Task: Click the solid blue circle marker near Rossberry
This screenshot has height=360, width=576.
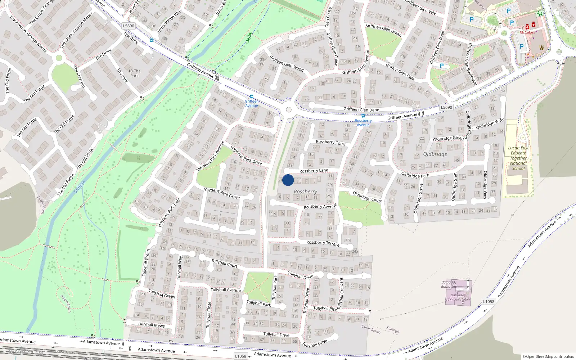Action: (x=288, y=180)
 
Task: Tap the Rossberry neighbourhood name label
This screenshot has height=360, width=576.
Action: (x=305, y=192)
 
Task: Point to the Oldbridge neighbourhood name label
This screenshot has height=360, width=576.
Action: (x=435, y=154)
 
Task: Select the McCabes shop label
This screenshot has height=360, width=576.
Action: (x=527, y=32)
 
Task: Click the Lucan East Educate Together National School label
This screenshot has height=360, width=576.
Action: (x=518, y=158)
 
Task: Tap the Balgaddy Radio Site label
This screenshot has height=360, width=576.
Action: (x=449, y=284)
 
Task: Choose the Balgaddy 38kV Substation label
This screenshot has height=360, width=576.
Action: (x=458, y=297)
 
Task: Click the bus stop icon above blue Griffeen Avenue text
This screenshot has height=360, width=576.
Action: (x=251, y=96)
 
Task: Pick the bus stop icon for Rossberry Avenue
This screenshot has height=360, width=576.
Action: (x=363, y=116)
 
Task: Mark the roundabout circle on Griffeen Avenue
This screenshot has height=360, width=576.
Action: (x=288, y=110)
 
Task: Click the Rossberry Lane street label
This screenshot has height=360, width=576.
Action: (x=314, y=171)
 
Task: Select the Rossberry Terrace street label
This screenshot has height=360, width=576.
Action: (x=323, y=243)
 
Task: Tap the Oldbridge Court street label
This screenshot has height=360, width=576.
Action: (x=367, y=197)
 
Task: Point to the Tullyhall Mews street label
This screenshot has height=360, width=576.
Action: (x=151, y=324)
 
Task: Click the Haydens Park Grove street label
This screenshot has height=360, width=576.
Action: (x=221, y=193)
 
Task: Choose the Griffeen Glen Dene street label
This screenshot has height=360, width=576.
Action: (x=361, y=109)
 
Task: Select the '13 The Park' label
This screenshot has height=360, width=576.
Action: (x=134, y=73)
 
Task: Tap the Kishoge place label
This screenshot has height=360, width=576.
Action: (x=392, y=329)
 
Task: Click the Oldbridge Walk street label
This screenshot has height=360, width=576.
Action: (x=490, y=124)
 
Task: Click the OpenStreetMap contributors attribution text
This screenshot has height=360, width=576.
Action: (x=548, y=356)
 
